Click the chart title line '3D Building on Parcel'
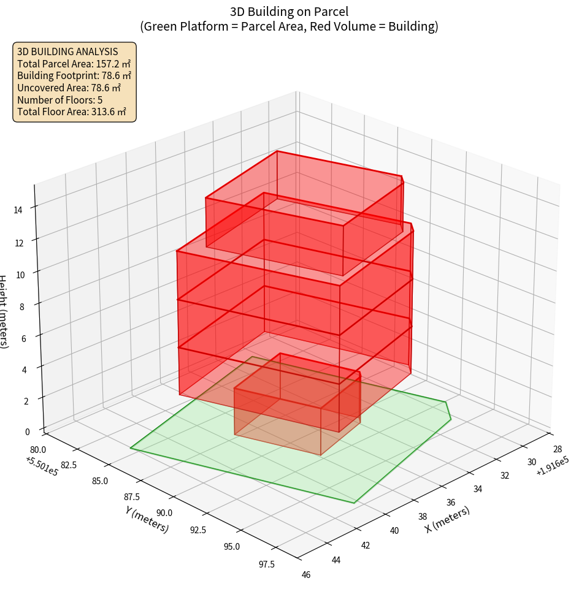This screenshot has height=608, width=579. (x=289, y=11)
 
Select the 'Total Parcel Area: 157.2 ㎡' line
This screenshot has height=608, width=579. (x=74, y=64)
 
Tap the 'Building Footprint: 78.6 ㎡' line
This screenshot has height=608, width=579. (x=74, y=76)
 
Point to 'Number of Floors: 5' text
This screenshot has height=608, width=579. (x=60, y=100)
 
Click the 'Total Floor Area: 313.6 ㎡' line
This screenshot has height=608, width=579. (x=72, y=112)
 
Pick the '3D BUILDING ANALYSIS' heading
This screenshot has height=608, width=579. (x=67, y=51)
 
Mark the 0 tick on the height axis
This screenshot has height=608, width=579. (x=27, y=431)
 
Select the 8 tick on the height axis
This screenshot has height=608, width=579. (x=22, y=306)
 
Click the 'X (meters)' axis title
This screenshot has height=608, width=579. (x=447, y=519)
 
